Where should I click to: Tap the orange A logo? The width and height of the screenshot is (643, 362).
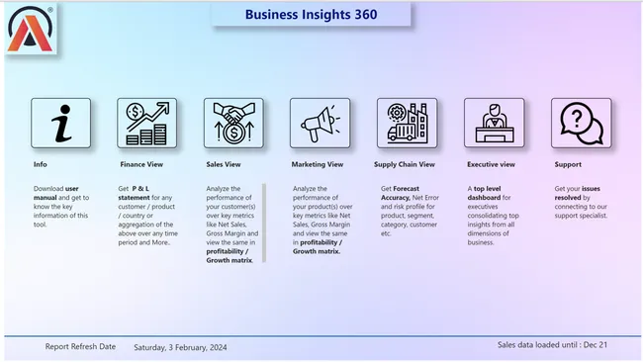30,29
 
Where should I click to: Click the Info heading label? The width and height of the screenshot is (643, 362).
40,164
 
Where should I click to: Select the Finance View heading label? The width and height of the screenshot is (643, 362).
141,164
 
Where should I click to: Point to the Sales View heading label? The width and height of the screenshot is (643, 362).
224,164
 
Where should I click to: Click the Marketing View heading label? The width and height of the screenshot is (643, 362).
318,164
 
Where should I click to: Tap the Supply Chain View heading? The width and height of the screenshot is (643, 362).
405,164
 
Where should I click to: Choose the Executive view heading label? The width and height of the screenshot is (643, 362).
491,164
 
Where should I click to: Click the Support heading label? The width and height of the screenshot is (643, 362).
568,164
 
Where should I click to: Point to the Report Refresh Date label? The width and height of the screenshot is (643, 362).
80,347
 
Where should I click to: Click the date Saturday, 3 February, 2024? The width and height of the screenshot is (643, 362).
180,347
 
